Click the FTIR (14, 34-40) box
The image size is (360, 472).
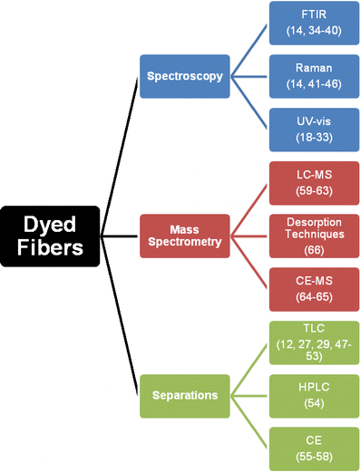(313, 24)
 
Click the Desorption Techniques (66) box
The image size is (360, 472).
(313, 237)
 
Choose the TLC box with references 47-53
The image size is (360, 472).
(313, 344)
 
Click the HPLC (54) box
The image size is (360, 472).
(313, 396)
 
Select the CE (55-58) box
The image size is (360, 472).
(313, 449)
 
